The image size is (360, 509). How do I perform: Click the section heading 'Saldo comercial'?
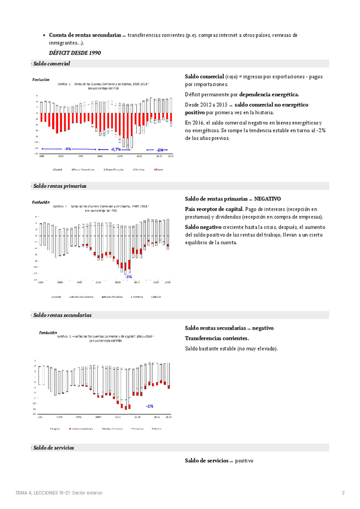[x=52, y=64]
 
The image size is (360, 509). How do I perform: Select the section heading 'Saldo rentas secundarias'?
[x=62, y=315]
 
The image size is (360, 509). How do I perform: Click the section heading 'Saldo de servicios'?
[x=54, y=448]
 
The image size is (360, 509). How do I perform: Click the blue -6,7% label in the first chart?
[x=116, y=148]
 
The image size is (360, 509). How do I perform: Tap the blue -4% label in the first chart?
[x=68, y=148]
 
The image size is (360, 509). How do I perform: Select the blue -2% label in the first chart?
[x=160, y=149]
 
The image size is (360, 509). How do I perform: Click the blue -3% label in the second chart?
[x=128, y=276]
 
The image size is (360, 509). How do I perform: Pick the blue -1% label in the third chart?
[x=149, y=406]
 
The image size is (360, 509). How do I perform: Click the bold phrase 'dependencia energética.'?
[x=269, y=95]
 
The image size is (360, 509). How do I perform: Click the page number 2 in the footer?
[x=343, y=493]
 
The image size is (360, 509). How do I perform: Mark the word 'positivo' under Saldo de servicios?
[x=245, y=460]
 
